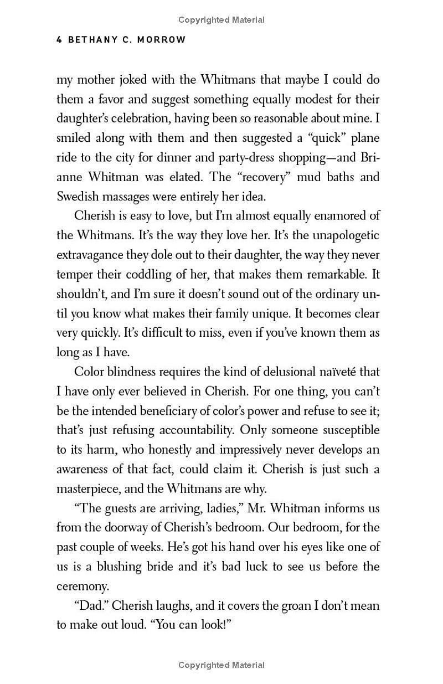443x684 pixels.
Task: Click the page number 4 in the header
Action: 59,40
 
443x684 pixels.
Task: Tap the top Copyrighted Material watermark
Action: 221,20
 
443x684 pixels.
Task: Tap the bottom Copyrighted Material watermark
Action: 221,665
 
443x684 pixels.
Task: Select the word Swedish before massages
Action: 77,196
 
